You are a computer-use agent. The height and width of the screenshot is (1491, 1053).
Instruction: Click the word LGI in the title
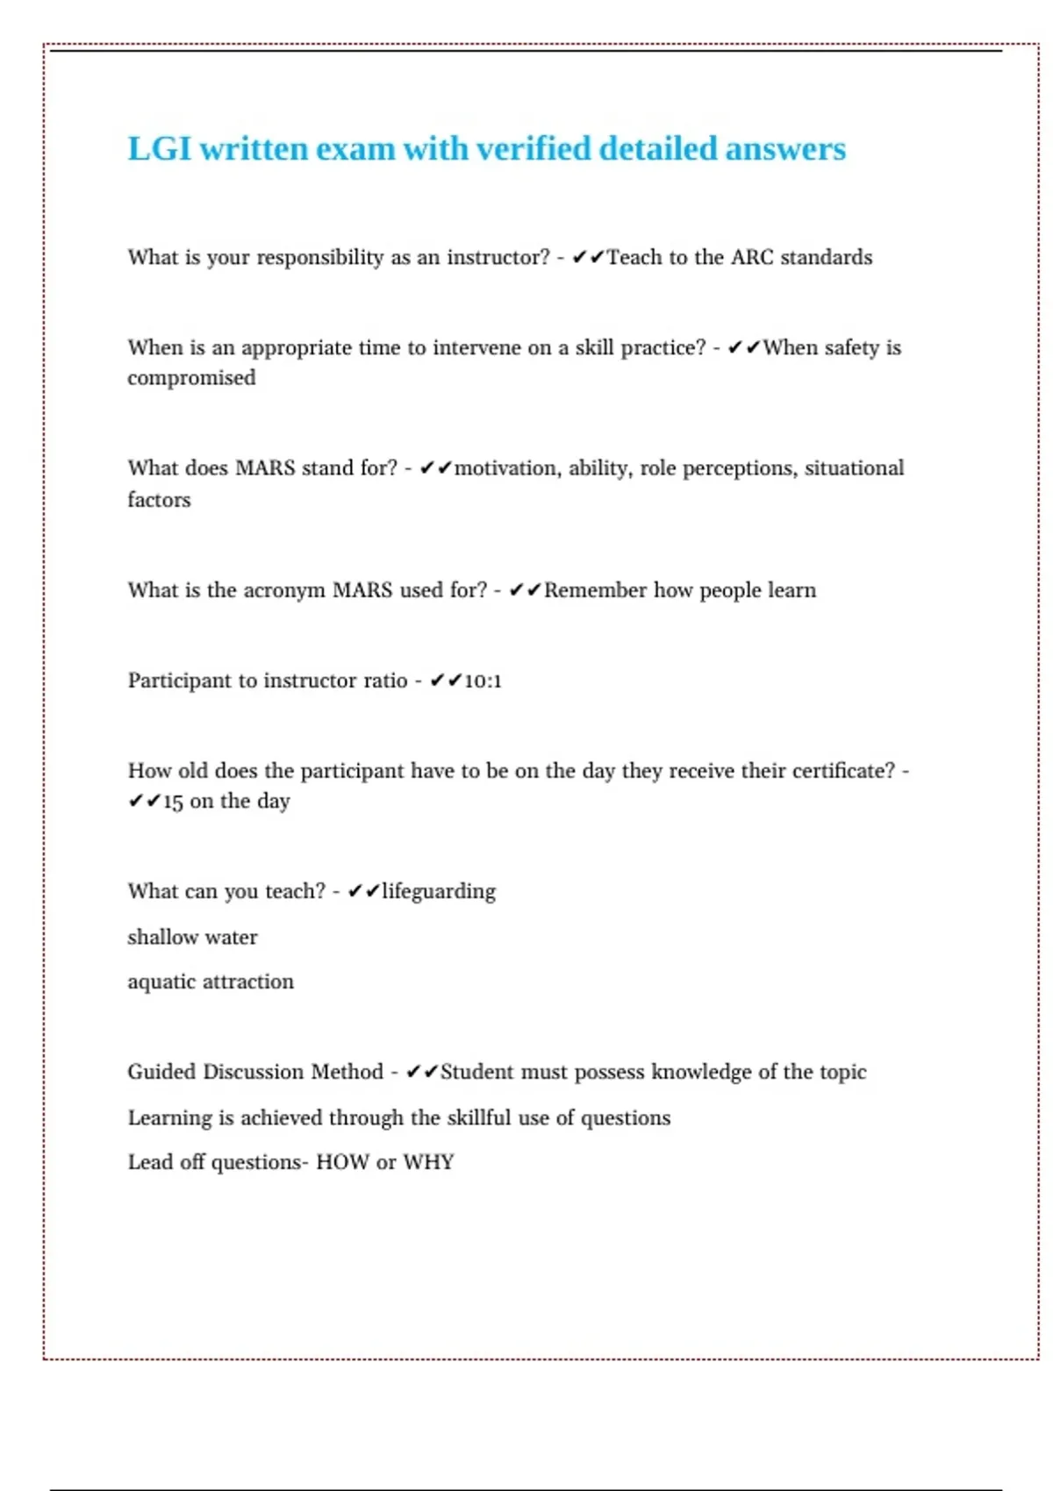(159, 149)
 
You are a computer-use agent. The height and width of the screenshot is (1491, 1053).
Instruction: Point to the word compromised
(191, 378)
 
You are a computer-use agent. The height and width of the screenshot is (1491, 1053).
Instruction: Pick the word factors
(159, 500)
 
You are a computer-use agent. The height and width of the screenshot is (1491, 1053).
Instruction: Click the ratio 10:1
(483, 681)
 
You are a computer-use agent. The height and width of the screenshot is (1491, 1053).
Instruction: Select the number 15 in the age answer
(173, 802)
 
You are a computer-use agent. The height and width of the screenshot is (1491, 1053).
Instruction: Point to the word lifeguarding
(439, 892)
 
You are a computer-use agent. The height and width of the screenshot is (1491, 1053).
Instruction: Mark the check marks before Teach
(588, 257)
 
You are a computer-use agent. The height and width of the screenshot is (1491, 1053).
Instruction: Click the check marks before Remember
(525, 590)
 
